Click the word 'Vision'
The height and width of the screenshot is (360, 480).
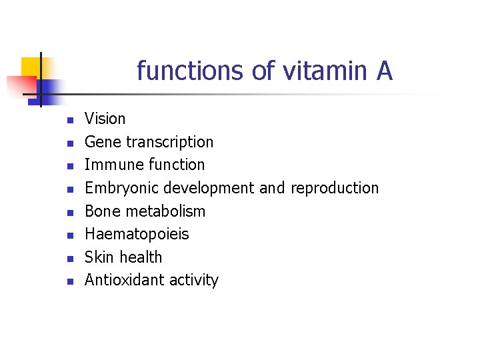tap(105, 119)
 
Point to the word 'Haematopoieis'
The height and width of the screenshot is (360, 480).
tap(137, 234)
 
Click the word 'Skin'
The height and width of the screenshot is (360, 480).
tap(99, 257)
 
